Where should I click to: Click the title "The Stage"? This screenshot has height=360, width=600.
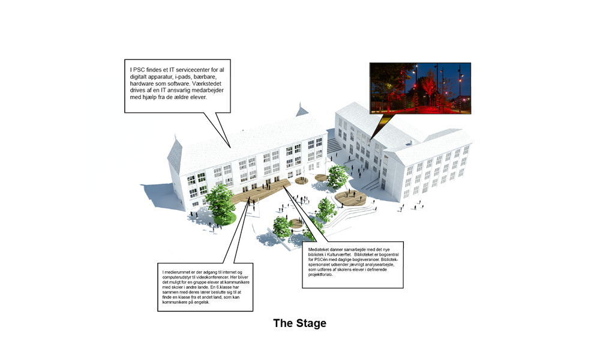(x=299, y=323)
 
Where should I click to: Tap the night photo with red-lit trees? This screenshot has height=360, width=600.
(x=420, y=88)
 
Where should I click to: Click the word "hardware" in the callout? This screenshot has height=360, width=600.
(x=142, y=84)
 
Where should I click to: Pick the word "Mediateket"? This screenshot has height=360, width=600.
(x=319, y=250)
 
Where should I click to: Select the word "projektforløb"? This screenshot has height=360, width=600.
(x=320, y=274)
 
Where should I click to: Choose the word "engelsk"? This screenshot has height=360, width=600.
(x=202, y=302)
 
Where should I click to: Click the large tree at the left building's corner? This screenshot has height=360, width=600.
(x=220, y=204)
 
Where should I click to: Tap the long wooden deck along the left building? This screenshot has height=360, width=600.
(x=260, y=192)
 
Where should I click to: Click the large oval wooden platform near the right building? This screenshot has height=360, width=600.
(x=351, y=198)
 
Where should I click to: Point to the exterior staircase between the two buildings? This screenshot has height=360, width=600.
(x=334, y=146)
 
